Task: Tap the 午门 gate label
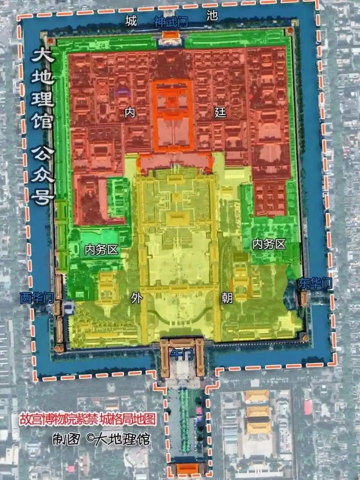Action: point(182,355)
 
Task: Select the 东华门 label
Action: point(315,284)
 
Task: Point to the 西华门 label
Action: point(37,297)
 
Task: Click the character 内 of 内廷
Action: point(130,113)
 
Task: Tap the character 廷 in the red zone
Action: point(220,113)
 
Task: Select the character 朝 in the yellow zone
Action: point(227,298)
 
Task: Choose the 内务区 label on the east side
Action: point(269,245)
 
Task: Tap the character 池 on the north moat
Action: point(211,16)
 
